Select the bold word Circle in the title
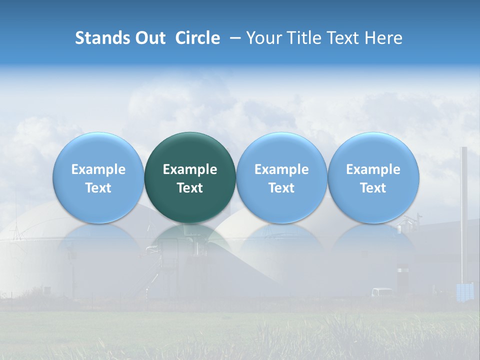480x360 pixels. [197, 38]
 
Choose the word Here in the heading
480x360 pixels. [383, 38]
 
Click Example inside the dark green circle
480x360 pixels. [190, 169]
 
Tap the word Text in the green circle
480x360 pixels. [190, 188]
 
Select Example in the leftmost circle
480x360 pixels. [98, 169]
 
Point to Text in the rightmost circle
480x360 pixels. [373, 188]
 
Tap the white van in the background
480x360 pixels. [382, 292]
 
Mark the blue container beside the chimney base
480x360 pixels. [464, 291]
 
